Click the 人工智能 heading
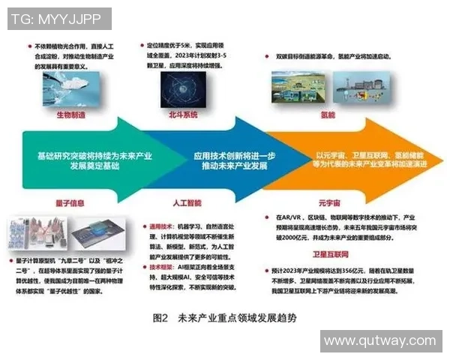(x=178, y=201)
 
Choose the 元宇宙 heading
(x=328, y=201)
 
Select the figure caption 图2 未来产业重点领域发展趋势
(x=224, y=317)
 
